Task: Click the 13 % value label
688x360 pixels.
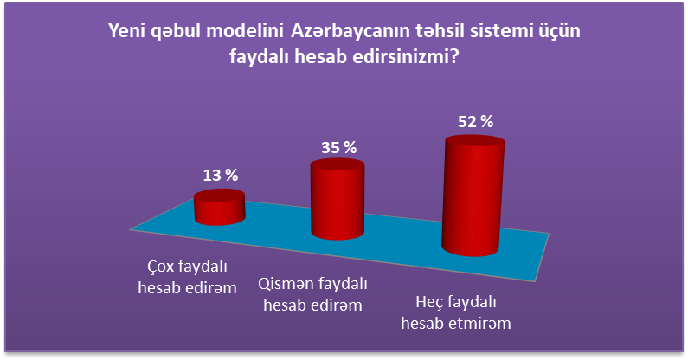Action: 221,176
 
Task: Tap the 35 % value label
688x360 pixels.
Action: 338,148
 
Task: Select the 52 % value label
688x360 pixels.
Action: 476,122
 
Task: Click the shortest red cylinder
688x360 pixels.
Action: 220,207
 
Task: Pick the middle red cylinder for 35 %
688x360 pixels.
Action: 338,199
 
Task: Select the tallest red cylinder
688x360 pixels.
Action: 473,196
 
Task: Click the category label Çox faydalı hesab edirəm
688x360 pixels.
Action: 187,277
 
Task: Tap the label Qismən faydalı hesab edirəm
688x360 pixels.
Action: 313,294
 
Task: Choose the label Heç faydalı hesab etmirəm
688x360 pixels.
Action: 456,312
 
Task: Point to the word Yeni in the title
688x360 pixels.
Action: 125,31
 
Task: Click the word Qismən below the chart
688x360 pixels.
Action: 286,284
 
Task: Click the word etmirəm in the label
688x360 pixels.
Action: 480,324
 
